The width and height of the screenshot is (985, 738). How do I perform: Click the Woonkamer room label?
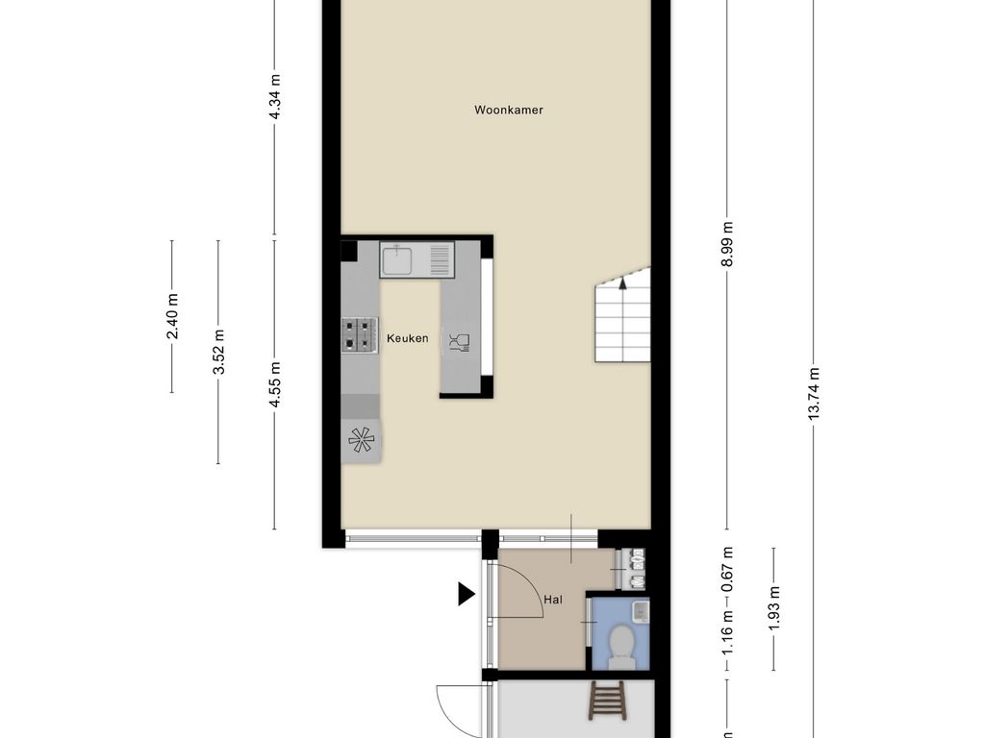(508, 110)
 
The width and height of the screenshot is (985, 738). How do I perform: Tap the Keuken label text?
(408, 338)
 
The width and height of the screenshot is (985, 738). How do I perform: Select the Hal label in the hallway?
(553, 600)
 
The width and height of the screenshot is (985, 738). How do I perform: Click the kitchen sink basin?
(397, 260)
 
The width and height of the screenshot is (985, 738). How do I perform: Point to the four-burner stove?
(360, 334)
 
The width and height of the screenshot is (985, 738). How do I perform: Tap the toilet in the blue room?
(621, 646)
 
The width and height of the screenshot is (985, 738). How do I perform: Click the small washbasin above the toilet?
(640, 610)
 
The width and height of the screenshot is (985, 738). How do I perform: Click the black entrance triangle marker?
(467, 594)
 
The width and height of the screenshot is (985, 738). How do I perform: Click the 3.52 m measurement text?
(218, 352)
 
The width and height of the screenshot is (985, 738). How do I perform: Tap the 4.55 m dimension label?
(274, 384)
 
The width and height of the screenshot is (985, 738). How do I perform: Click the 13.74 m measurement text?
(814, 393)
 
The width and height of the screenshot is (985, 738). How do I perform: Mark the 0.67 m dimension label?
(727, 570)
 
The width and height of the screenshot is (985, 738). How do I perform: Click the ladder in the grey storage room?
(605, 701)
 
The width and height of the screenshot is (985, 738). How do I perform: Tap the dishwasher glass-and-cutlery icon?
(460, 343)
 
